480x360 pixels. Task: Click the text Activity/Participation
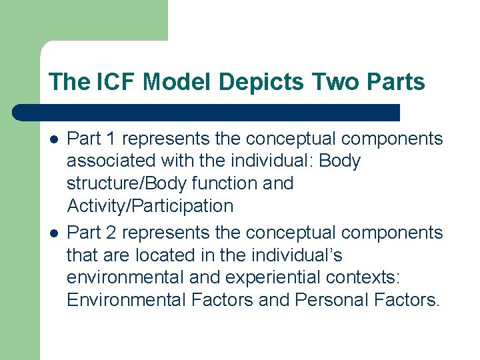[x=150, y=206]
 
